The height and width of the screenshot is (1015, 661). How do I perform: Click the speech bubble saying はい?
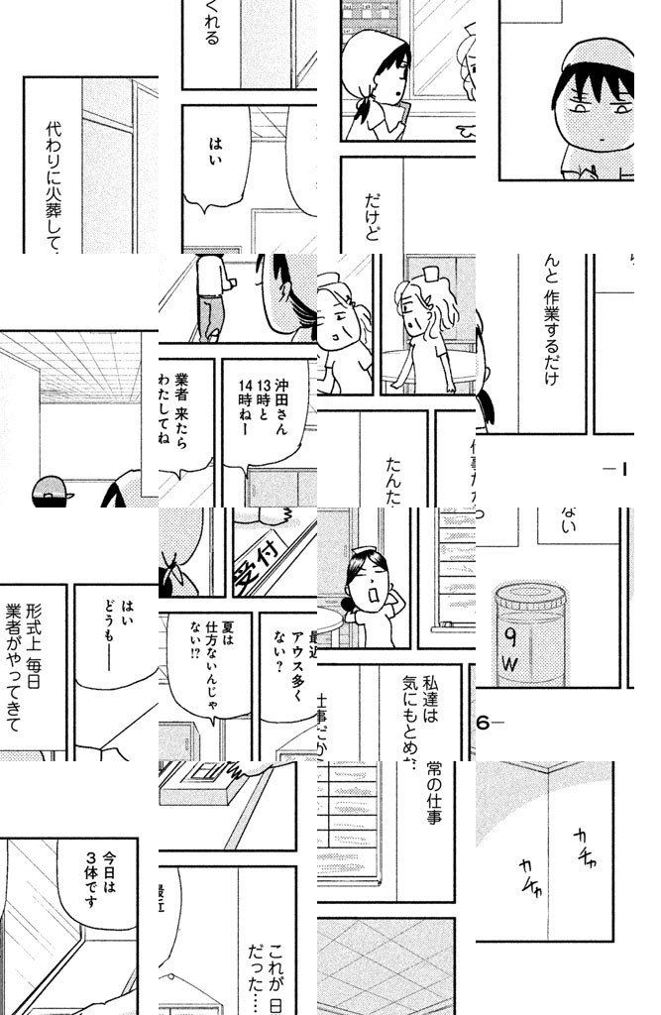coord(216,159)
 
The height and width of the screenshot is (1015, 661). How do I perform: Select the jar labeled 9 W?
coord(531,634)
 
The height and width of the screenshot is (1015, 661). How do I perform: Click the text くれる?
coord(210,25)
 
